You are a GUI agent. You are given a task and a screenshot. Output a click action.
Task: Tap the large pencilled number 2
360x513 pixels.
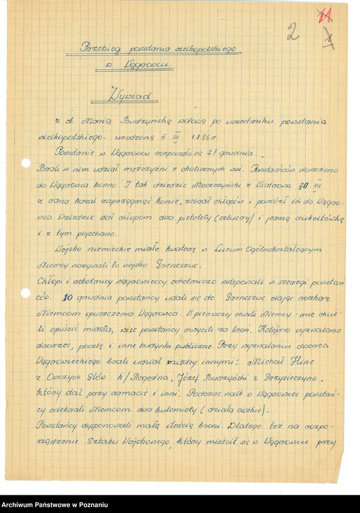tap(293, 32)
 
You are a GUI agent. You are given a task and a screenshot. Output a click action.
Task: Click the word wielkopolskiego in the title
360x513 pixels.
tap(207, 47)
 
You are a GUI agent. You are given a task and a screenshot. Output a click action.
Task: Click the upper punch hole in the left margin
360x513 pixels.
tap(25, 164)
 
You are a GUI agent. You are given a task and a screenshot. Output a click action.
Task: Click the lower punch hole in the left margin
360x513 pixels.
tap(25, 293)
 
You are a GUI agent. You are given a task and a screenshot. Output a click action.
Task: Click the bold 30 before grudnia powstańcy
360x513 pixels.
tap(68, 298)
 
